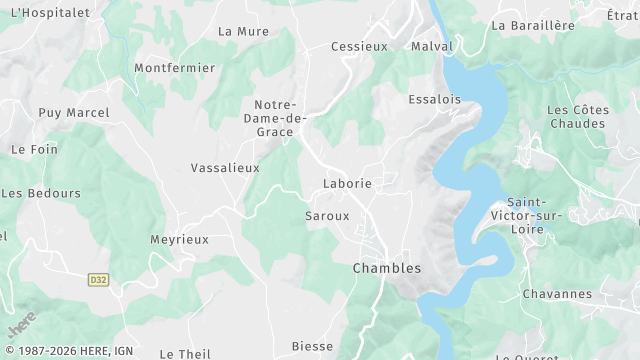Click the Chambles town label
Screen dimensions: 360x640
point(387,268)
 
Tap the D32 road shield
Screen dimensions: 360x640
point(98,279)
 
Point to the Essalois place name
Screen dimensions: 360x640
point(435,99)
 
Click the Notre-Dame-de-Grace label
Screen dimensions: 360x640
point(275,118)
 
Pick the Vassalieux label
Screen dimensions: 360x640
point(225,168)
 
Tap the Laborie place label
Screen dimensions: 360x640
point(347,184)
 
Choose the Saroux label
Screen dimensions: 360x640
point(327,215)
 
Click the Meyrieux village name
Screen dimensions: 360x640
point(179,240)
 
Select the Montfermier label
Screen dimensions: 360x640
point(175,68)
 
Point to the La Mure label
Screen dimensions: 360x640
point(244,31)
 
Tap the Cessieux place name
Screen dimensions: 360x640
point(360,46)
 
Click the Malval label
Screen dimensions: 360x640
point(432,46)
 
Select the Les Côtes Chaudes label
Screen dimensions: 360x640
point(577,116)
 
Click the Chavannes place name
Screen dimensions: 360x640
point(557,294)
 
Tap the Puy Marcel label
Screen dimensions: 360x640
point(74,112)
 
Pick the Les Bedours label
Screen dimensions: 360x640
point(42,192)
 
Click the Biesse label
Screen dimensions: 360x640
point(312,346)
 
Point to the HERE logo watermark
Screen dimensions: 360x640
point(20,325)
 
